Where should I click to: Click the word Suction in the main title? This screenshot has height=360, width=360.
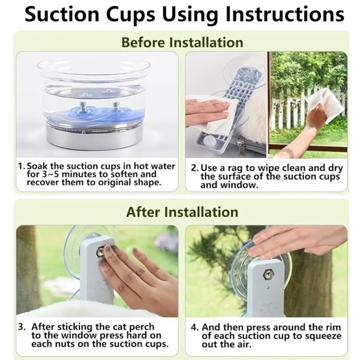tap(62, 14)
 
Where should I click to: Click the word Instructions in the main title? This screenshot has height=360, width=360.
tap(284, 14)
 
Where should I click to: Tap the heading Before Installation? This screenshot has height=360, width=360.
tap(182, 42)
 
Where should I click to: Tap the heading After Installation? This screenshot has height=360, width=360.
tap(182, 212)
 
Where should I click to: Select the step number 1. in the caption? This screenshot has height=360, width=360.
tap(22, 166)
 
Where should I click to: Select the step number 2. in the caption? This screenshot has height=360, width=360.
tap(195, 168)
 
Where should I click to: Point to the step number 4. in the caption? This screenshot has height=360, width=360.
tap(194, 327)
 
